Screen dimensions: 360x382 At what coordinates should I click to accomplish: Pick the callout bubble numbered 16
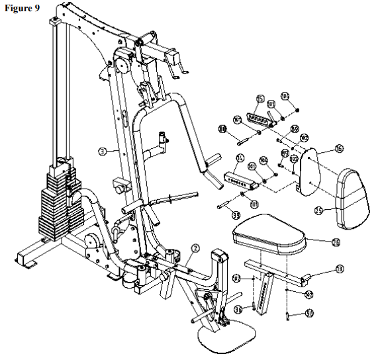click(x=338, y=150)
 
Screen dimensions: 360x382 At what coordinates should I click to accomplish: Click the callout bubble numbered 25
click(x=318, y=210)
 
